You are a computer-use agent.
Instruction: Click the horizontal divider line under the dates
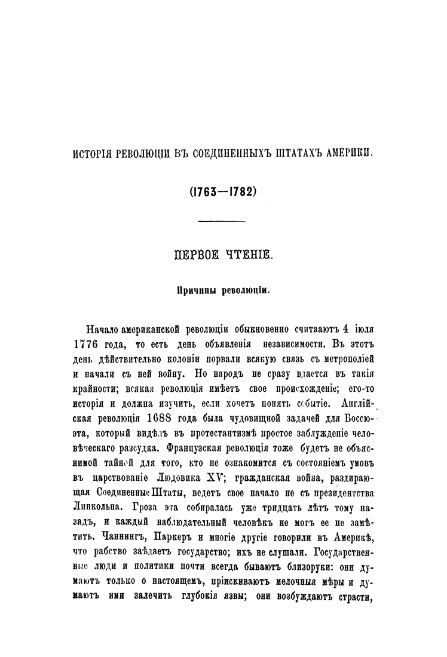(x=222, y=223)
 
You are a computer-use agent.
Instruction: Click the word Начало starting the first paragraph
(x=103, y=330)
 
